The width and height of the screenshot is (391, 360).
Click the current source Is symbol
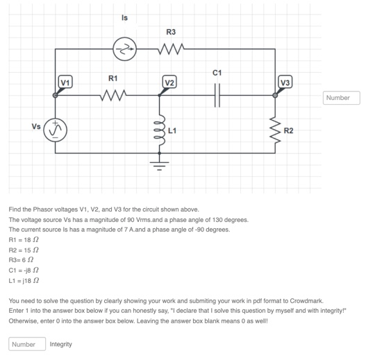pos(125,49)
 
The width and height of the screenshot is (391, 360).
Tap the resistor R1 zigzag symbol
pos(113,94)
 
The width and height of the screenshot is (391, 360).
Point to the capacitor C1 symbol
pos(217,94)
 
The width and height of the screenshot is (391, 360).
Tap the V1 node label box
pos(65,83)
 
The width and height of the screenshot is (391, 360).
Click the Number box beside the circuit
pos(341,98)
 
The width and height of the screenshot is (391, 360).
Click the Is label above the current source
pos(124,17)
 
